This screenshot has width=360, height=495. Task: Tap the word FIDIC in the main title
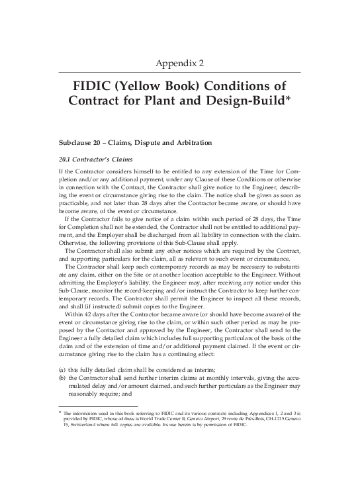(x=97, y=88)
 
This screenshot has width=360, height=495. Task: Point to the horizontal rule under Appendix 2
(x=180, y=73)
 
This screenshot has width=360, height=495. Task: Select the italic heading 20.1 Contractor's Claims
(x=96, y=159)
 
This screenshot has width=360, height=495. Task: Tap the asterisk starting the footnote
(x=60, y=414)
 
